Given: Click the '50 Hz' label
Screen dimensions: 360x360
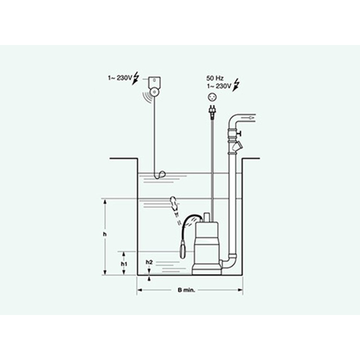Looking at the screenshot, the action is [x=215, y=78].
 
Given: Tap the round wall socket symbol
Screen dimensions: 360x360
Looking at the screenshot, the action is [x=212, y=97].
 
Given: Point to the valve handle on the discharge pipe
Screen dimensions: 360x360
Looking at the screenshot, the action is [x=240, y=133].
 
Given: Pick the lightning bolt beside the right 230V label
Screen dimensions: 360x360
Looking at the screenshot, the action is [x=236, y=85].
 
